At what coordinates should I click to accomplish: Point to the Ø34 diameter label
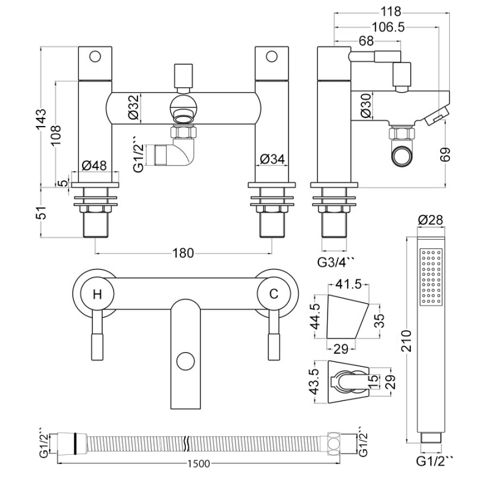pyautogui.click(x=271, y=159)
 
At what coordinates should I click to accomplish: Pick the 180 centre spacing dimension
pyautogui.click(x=183, y=252)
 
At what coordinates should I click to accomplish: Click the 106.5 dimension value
pyautogui.click(x=389, y=27)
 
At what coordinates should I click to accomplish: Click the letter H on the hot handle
pyautogui.click(x=97, y=294)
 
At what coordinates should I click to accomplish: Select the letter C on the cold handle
pyautogui.click(x=274, y=294)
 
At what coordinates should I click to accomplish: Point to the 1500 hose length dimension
pyautogui.click(x=197, y=464)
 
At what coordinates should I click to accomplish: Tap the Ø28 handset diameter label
pyautogui.click(x=431, y=220)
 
